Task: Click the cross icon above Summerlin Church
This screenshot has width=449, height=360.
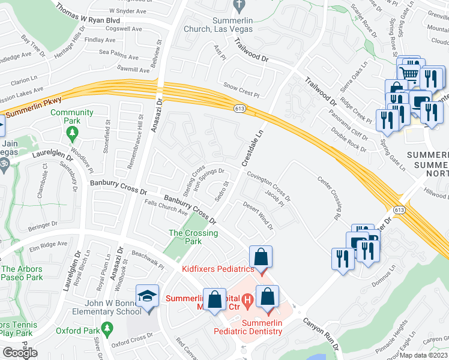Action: pyautogui.click(x=238, y=6)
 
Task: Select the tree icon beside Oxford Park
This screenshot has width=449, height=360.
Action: pyautogui.click(x=107, y=328)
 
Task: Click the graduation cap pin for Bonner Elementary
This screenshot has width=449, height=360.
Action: pyautogui.click(x=147, y=297)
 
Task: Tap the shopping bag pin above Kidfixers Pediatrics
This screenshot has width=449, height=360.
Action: pyautogui.click(x=261, y=258)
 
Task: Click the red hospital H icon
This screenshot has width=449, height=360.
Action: pyautogui.click(x=246, y=299)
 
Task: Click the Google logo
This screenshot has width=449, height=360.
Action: pyautogui.click(x=20, y=353)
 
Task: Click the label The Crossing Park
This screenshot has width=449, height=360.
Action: pyautogui.click(x=193, y=237)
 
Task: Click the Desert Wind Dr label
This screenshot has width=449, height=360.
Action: pyautogui.click(x=258, y=215)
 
